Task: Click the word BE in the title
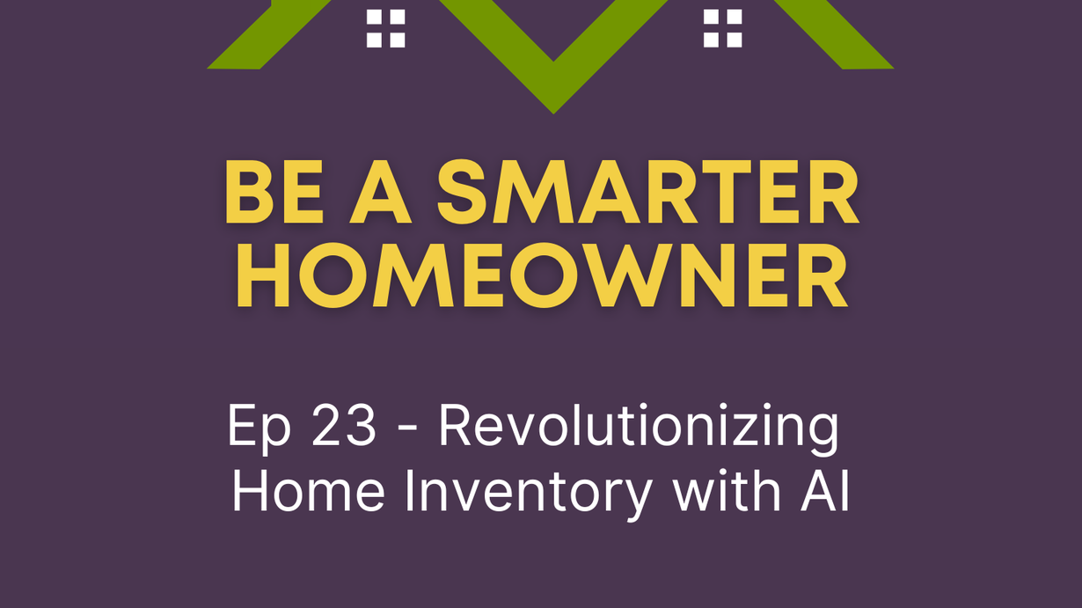274,192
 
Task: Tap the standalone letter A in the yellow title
381,192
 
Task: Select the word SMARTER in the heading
647,192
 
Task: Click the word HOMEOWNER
542,275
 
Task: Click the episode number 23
343,426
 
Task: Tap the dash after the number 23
409,429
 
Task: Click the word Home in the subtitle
309,492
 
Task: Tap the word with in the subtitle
727,491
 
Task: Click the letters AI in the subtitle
825,492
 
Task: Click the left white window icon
385,28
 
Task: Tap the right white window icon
722,28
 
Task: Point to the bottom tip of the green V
553,114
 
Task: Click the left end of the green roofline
208,68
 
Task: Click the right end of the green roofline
893,68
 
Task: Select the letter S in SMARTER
461,192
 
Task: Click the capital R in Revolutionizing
455,426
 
